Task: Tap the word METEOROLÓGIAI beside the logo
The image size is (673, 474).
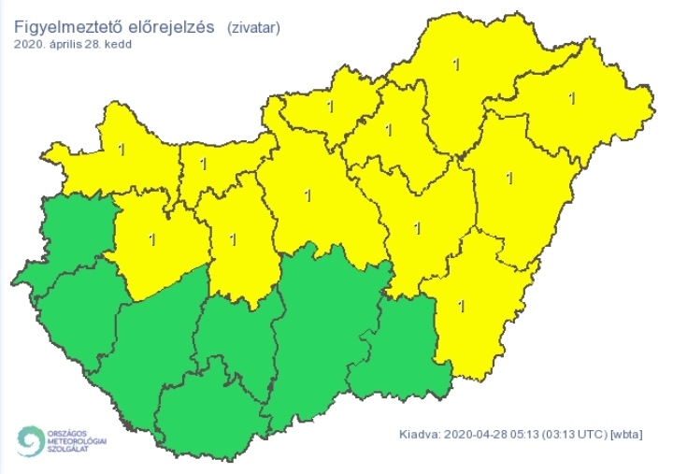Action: [x=77, y=442]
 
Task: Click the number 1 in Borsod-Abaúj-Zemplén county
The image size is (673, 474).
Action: [x=456, y=65]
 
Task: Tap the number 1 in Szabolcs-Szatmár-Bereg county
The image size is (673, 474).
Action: [x=572, y=96]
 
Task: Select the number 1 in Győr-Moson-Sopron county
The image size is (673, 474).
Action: [x=122, y=148]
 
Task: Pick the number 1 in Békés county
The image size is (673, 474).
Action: [x=460, y=305]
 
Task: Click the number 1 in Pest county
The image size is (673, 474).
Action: [x=308, y=195]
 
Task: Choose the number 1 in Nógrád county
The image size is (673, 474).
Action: [x=329, y=106]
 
